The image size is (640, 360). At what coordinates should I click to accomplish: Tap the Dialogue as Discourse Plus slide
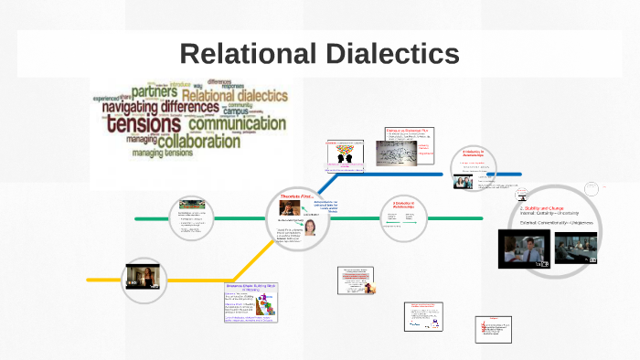click(x=409, y=150)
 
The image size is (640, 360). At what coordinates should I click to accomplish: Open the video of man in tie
click(x=524, y=248)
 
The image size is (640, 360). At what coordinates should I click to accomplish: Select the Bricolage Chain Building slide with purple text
click(x=251, y=302)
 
